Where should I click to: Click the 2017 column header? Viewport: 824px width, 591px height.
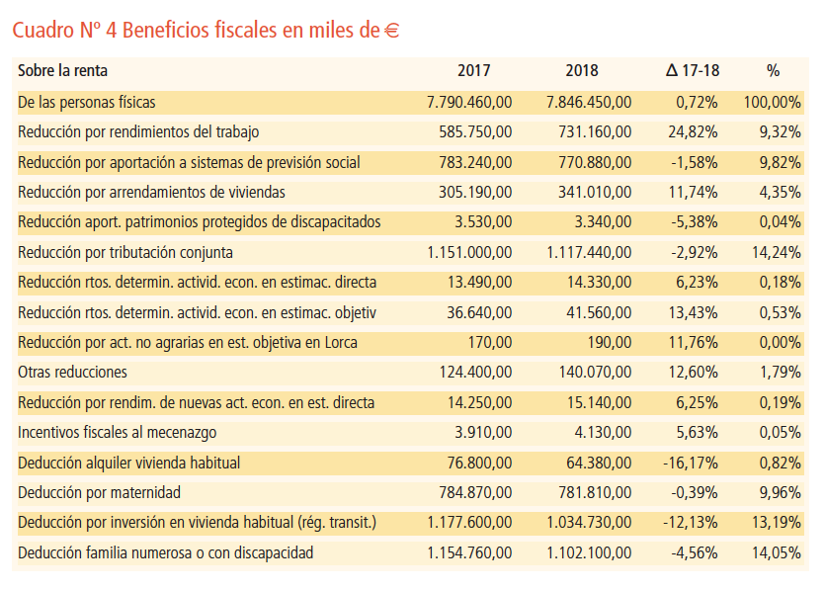click(473, 71)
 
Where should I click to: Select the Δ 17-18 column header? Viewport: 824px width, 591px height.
click(692, 71)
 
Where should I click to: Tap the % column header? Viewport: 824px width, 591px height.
click(773, 71)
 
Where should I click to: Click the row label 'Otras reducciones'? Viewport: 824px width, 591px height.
click(72, 373)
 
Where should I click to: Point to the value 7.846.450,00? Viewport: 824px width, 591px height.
click(589, 102)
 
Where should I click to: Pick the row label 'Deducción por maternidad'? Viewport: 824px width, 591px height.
click(99, 492)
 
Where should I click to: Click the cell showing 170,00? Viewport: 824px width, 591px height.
click(491, 343)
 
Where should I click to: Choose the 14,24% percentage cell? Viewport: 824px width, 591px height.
click(777, 252)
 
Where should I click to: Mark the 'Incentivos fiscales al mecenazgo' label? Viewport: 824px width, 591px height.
click(117, 433)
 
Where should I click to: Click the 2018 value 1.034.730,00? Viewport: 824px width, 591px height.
click(589, 523)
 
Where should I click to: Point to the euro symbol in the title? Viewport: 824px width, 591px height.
click(391, 31)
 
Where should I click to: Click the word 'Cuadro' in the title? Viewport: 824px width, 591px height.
click(41, 31)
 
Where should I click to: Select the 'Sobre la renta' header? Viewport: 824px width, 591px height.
click(62, 71)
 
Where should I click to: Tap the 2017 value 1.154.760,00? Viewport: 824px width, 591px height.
click(470, 552)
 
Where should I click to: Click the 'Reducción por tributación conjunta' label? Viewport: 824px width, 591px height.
click(124, 252)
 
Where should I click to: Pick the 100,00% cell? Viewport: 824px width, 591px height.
click(772, 102)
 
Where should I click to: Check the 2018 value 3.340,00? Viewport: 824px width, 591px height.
click(603, 221)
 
